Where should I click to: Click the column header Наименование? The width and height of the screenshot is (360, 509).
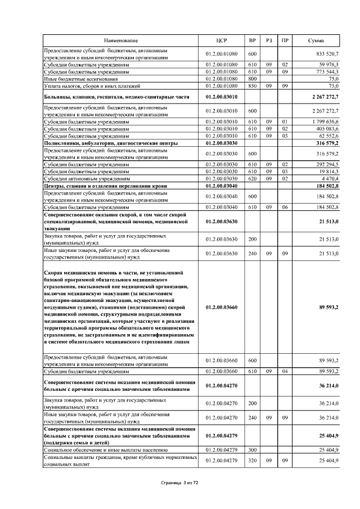120,41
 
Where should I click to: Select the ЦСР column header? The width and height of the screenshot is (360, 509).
221,41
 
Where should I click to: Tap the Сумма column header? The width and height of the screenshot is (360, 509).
316,41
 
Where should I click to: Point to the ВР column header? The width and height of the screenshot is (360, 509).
252,41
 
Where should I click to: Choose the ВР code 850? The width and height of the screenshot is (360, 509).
252,86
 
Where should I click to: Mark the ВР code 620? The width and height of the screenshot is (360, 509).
252,178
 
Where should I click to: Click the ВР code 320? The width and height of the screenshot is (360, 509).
252,461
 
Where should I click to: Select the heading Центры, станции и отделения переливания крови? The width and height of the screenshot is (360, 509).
112,186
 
